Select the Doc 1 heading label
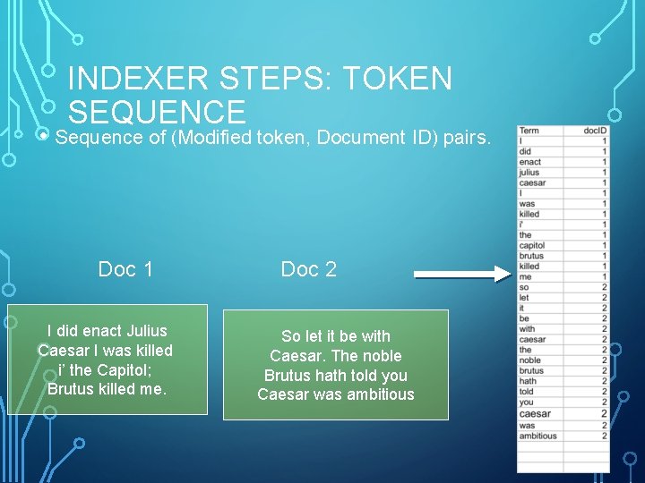125,269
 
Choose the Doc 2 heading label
309,269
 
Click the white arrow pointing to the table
461,275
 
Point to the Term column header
529,131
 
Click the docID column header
595,131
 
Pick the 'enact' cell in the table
530,162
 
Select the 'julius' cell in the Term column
529,173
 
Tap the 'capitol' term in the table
532,245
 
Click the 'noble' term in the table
530,360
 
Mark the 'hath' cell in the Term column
528,381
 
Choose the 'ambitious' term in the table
537,436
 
